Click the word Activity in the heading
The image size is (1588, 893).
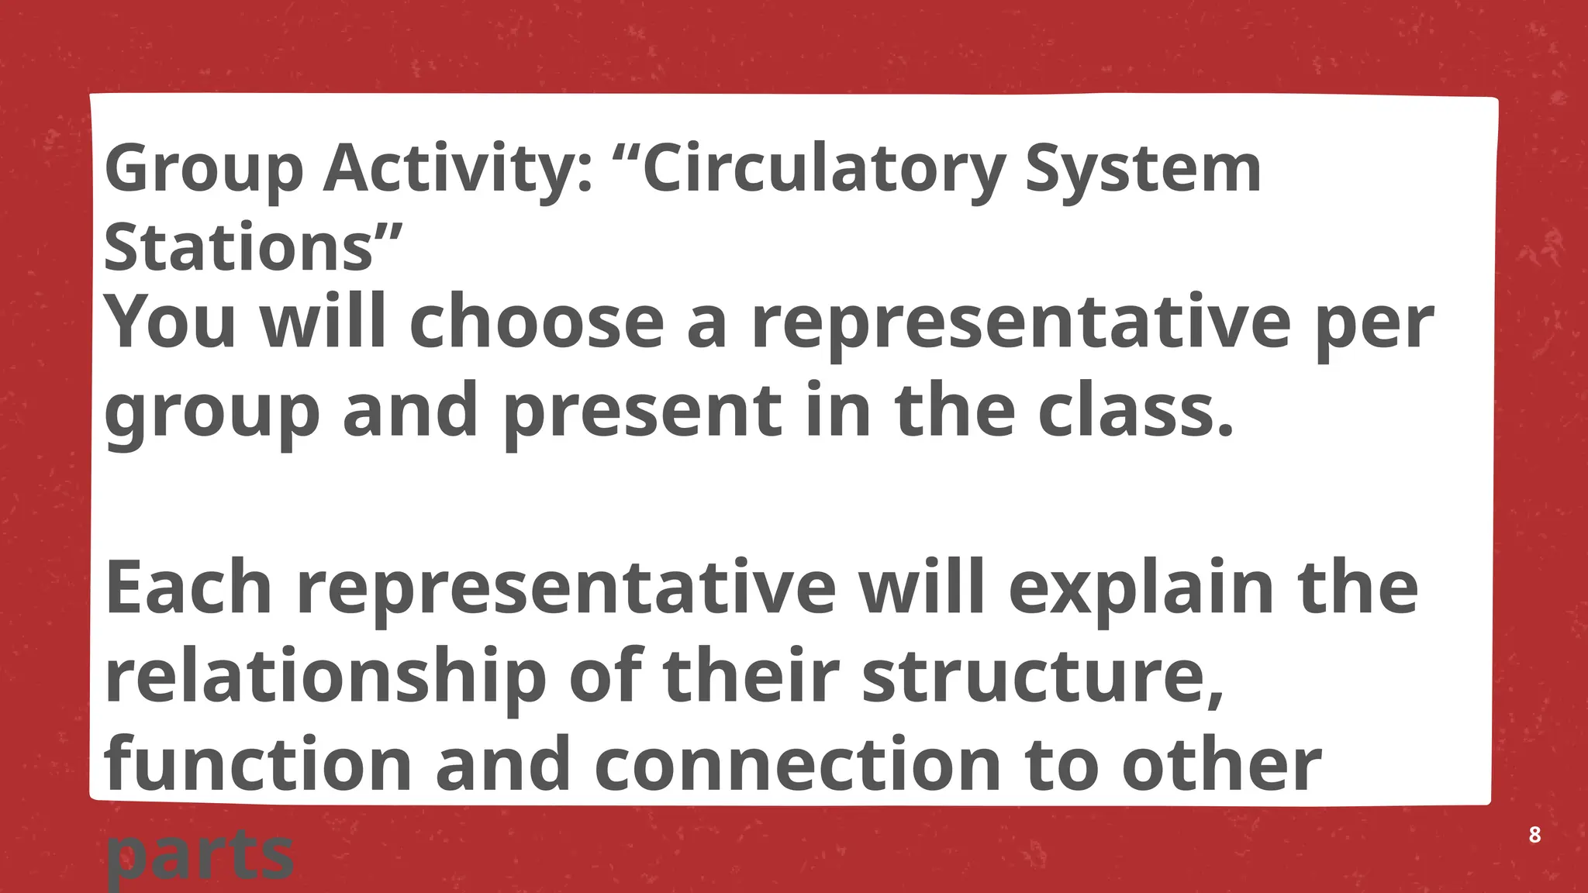pyautogui.click(x=458, y=170)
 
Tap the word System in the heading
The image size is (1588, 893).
pyautogui.click(x=1143, y=170)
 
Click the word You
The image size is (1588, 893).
pyautogui.click(x=170, y=322)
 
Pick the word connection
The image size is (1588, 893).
pyautogui.click(x=799, y=764)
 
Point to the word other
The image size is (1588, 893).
pyautogui.click(x=1221, y=764)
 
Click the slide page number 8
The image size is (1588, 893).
pyautogui.click(x=1534, y=836)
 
